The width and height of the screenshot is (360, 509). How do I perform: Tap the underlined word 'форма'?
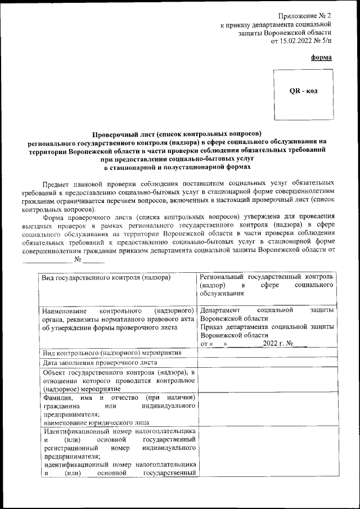[321, 57]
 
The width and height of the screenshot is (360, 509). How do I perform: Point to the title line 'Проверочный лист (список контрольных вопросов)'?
[177, 133]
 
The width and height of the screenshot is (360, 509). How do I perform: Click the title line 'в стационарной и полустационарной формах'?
[177, 167]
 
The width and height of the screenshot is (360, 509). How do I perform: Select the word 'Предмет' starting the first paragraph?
[57, 183]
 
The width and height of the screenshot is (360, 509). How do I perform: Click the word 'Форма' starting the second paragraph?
[55, 216]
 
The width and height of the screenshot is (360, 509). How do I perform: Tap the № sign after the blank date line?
[78, 259]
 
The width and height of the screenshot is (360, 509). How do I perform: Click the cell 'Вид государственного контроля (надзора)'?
[107, 277]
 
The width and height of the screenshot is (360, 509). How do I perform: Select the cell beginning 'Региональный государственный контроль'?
[267, 285]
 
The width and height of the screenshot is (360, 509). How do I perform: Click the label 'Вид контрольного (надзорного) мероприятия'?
[112, 353]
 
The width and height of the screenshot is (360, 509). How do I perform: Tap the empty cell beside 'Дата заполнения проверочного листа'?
[267, 363]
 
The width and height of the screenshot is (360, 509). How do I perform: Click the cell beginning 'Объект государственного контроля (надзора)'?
[119, 380]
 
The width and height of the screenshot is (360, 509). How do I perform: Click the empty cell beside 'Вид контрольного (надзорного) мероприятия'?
[267, 353]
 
